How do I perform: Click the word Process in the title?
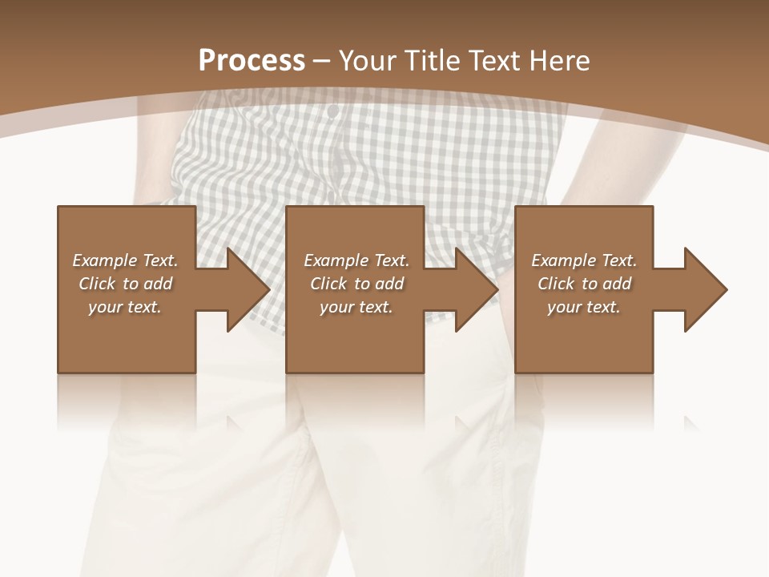252,61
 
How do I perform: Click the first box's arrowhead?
244,289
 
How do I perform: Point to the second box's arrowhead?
473,289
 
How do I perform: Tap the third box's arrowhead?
702,289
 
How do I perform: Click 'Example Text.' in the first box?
126,260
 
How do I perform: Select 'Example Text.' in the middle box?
356,260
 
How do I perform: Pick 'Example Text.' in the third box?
584,260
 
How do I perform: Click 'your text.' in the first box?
125,307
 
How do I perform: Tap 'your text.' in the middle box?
356,307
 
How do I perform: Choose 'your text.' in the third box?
584,307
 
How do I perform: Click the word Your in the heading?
368,61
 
